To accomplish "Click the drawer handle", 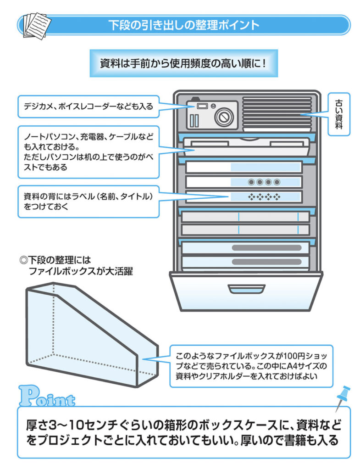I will click(246, 289).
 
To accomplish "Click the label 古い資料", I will click(338, 113).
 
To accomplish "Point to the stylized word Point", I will click(47, 397).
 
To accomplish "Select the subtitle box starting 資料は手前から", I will click(183, 63).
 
